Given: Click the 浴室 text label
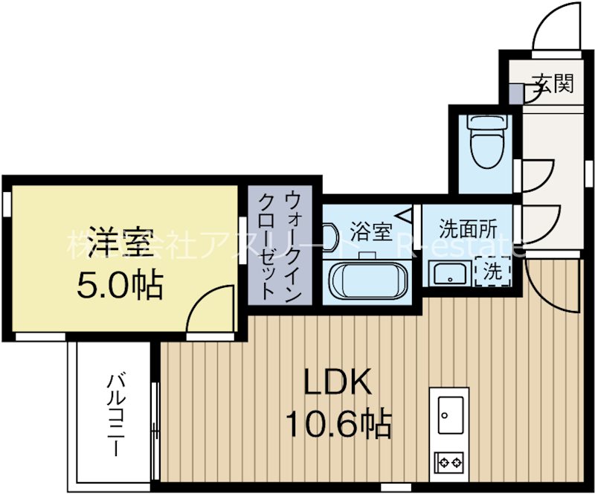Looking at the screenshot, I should (370, 231).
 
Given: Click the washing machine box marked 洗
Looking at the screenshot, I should (492, 271).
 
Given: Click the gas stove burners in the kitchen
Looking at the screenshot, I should (450, 461).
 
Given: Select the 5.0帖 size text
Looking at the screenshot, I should (120, 284).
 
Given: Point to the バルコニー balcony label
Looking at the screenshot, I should (115, 414).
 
